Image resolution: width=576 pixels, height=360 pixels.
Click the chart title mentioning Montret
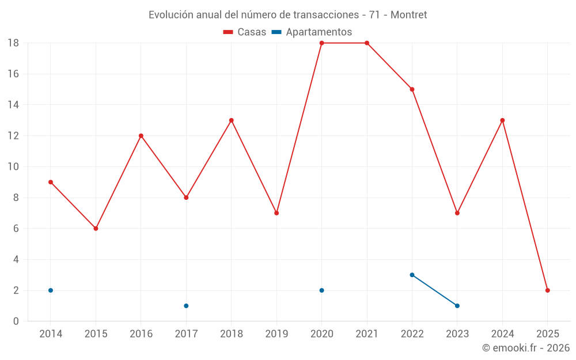pyautogui.click(x=287, y=15)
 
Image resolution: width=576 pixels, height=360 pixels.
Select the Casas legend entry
pyautogui.click(x=245, y=32)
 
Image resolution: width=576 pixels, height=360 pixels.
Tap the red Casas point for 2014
pyautogui.click(x=51, y=182)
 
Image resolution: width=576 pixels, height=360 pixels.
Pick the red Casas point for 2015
pyautogui.click(x=96, y=229)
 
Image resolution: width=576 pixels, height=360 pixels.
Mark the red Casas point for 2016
pyautogui.click(x=141, y=136)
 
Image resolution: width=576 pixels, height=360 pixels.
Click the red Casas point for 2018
pyautogui.click(x=232, y=120)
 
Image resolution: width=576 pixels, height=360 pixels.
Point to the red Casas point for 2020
pyautogui.click(x=321, y=43)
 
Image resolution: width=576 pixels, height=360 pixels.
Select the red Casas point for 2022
pyautogui.click(x=412, y=89)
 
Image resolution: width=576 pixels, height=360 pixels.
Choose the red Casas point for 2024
pyautogui.click(x=502, y=120)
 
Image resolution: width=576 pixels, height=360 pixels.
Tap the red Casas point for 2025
pyautogui.click(x=548, y=290)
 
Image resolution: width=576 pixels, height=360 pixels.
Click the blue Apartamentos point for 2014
pyautogui.click(x=51, y=290)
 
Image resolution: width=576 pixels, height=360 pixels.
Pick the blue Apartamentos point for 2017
pyautogui.click(x=186, y=306)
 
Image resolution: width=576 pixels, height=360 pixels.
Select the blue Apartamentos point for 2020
pyautogui.click(x=321, y=290)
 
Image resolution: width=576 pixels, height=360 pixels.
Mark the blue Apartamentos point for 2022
pyautogui.click(x=412, y=275)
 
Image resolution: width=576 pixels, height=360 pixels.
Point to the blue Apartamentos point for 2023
pyautogui.click(x=457, y=306)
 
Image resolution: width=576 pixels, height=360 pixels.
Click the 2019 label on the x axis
pyautogui.click(x=276, y=334)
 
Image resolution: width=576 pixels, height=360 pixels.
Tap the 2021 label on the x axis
pyautogui.click(x=367, y=334)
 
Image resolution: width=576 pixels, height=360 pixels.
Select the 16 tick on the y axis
pyautogui.click(x=13, y=74)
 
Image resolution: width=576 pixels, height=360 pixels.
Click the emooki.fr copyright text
pyautogui.click(x=526, y=348)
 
